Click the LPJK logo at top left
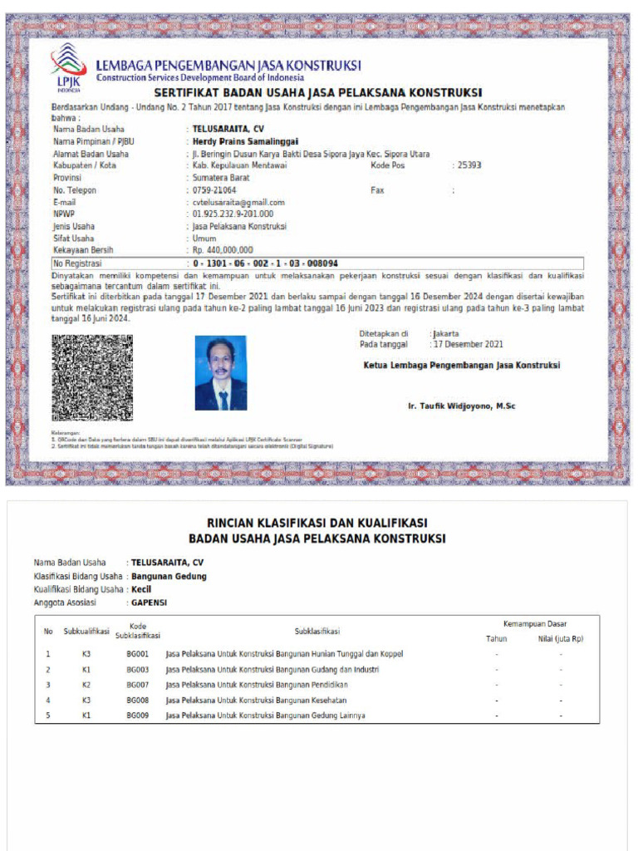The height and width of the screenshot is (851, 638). click(x=68, y=66)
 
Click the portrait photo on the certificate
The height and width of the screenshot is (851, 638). click(x=221, y=372)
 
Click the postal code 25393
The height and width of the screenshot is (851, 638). click(x=469, y=165)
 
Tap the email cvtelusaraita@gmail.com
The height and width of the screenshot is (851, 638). click(x=238, y=202)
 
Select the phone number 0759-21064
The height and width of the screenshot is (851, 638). click(x=214, y=190)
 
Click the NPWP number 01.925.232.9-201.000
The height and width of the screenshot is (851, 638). click(x=233, y=214)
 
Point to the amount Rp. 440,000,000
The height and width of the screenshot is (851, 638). click(x=223, y=250)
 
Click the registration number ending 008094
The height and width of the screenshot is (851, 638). click(x=264, y=263)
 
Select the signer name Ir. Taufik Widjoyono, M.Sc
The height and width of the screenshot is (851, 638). click(x=462, y=406)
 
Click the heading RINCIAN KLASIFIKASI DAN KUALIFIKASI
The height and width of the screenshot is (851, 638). click(x=317, y=523)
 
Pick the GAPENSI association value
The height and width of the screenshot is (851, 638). click(x=149, y=603)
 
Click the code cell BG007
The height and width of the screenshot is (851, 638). click(x=137, y=685)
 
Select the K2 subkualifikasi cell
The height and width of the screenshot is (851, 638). click(x=86, y=685)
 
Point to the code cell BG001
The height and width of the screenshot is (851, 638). click(x=137, y=654)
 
